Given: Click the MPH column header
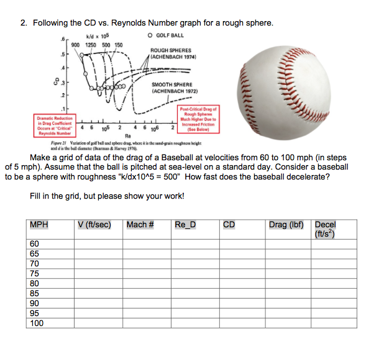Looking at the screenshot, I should pyautogui.click(x=39, y=225).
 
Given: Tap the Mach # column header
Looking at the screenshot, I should pyautogui.click(x=140, y=225).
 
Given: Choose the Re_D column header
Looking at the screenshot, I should pyautogui.click(x=186, y=225).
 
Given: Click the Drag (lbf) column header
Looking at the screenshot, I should pyautogui.click(x=285, y=225).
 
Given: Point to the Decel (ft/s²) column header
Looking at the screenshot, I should pyautogui.click(x=326, y=228).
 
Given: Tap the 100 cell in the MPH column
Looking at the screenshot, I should pyautogui.click(x=37, y=323).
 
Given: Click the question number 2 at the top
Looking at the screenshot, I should pyautogui.click(x=23, y=23).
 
